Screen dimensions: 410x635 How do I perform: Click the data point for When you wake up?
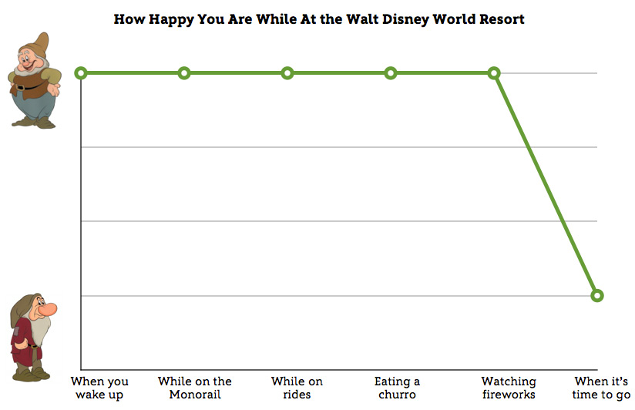point(81,73)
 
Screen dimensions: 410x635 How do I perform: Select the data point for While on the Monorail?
point(184,73)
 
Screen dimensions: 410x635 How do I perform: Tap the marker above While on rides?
point(287,73)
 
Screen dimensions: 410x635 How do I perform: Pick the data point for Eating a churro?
point(391,73)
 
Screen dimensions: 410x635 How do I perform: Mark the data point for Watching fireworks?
point(494,73)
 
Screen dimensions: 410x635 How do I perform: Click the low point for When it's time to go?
point(597,295)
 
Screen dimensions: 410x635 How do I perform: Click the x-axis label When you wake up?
point(99,388)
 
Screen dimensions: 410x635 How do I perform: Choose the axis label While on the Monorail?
point(195,388)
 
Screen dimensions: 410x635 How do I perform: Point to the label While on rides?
point(297,388)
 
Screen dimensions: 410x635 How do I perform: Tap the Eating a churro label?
point(397,388)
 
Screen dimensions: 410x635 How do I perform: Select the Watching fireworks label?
point(509,388)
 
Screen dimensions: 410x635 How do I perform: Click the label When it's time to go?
point(602,388)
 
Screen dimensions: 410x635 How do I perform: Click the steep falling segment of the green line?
point(546,184)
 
